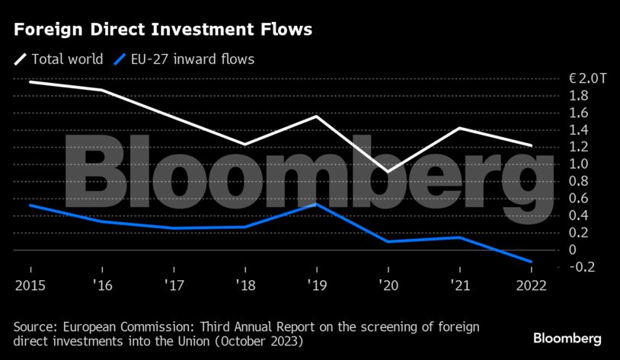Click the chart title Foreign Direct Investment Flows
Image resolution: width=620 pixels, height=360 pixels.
(162, 30)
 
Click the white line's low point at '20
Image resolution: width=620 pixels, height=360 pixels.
(388, 172)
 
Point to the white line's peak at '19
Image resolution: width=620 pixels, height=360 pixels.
(316, 116)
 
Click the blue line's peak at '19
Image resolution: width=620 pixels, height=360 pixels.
(316, 203)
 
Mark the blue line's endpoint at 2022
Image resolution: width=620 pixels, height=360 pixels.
(531, 262)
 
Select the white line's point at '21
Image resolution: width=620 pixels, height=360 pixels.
(459, 128)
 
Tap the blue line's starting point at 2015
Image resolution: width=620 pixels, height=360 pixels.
(30, 205)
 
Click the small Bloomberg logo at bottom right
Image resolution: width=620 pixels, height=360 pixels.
(567, 337)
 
